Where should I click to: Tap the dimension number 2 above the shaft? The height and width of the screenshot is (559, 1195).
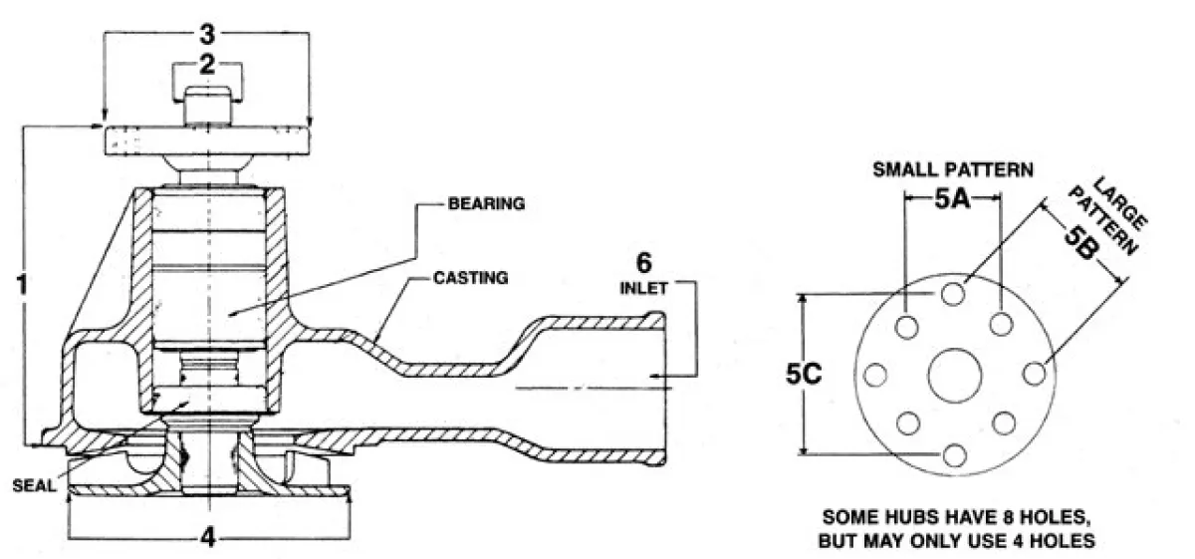[207, 67]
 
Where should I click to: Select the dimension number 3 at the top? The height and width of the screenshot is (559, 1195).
[207, 34]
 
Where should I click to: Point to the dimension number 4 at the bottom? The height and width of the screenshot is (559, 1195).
[207, 536]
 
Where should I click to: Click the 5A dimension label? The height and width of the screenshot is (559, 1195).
[952, 198]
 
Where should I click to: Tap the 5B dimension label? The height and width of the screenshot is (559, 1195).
[1082, 241]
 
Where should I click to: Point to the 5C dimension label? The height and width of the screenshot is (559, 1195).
[817, 375]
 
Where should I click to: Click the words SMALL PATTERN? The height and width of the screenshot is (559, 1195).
[952, 168]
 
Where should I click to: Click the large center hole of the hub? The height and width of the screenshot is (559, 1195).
[953, 375]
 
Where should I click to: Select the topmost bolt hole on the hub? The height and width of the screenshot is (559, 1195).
[954, 293]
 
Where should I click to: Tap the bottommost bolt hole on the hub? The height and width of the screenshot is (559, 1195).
[954, 455]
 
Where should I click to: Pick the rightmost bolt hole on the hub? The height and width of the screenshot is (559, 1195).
[1034, 374]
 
